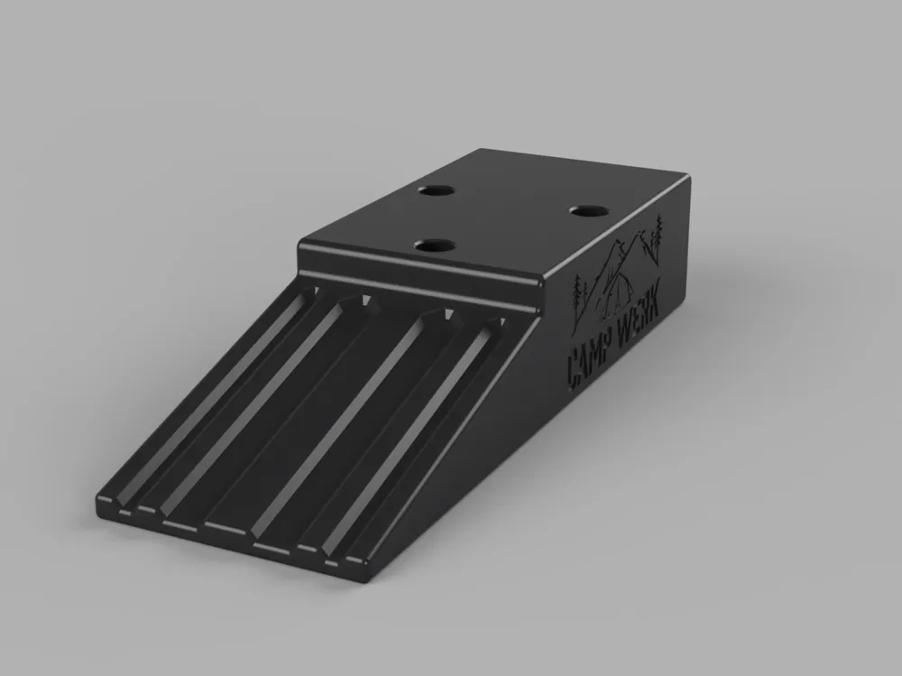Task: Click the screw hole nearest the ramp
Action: click(435, 246)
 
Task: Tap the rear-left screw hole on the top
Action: click(437, 190)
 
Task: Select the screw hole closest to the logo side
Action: click(590, 211)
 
